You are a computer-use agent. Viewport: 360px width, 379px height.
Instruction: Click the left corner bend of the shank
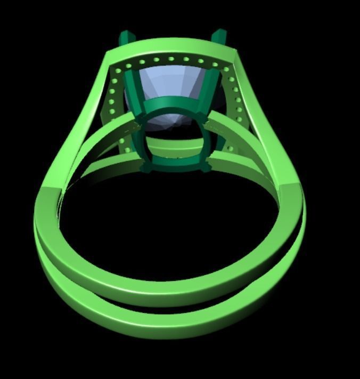click(51, 195)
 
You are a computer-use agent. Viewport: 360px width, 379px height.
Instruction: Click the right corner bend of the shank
click(290, 189)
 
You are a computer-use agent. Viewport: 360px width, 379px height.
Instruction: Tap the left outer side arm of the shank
click(80, 123)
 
